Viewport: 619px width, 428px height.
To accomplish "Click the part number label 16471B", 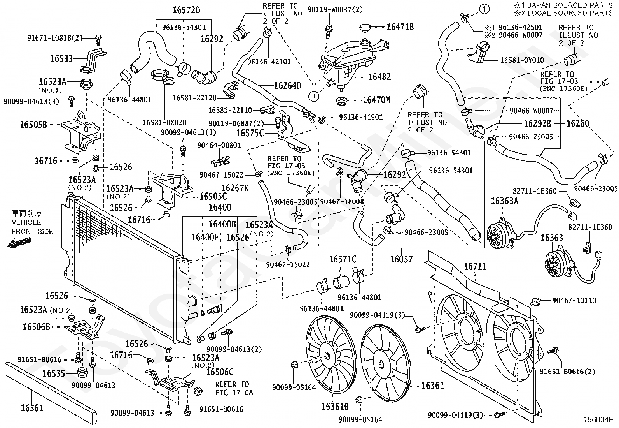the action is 400,27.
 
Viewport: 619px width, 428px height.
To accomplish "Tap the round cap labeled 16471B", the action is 367,27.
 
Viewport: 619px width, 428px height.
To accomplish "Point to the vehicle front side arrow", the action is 19,243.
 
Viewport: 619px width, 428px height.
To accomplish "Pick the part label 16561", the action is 32,408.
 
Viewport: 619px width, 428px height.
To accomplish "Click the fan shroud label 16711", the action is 475,267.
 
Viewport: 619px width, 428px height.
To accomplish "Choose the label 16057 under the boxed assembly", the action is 401,259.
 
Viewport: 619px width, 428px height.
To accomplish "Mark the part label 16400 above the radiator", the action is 220,207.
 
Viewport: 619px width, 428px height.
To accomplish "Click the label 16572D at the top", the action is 186,10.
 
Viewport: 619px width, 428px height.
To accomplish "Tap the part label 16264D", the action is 287,85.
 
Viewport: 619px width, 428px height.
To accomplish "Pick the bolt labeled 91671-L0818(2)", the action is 98,40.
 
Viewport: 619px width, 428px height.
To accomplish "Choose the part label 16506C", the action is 220,372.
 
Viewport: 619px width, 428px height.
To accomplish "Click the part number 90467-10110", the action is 574,300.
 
